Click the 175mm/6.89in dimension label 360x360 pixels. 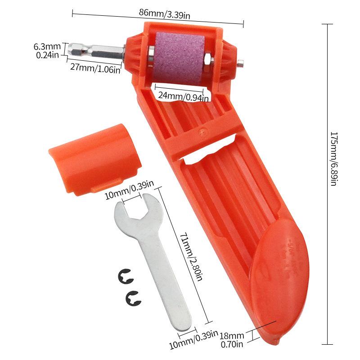[x=333, y=159]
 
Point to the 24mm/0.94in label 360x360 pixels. [x=183, y=96]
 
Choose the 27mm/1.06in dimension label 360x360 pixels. [x=95, y=68]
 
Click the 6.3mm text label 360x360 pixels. [x=47, y=47]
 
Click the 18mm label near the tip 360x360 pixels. [x=232, y=336]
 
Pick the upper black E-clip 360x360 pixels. [x=125, y=277]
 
